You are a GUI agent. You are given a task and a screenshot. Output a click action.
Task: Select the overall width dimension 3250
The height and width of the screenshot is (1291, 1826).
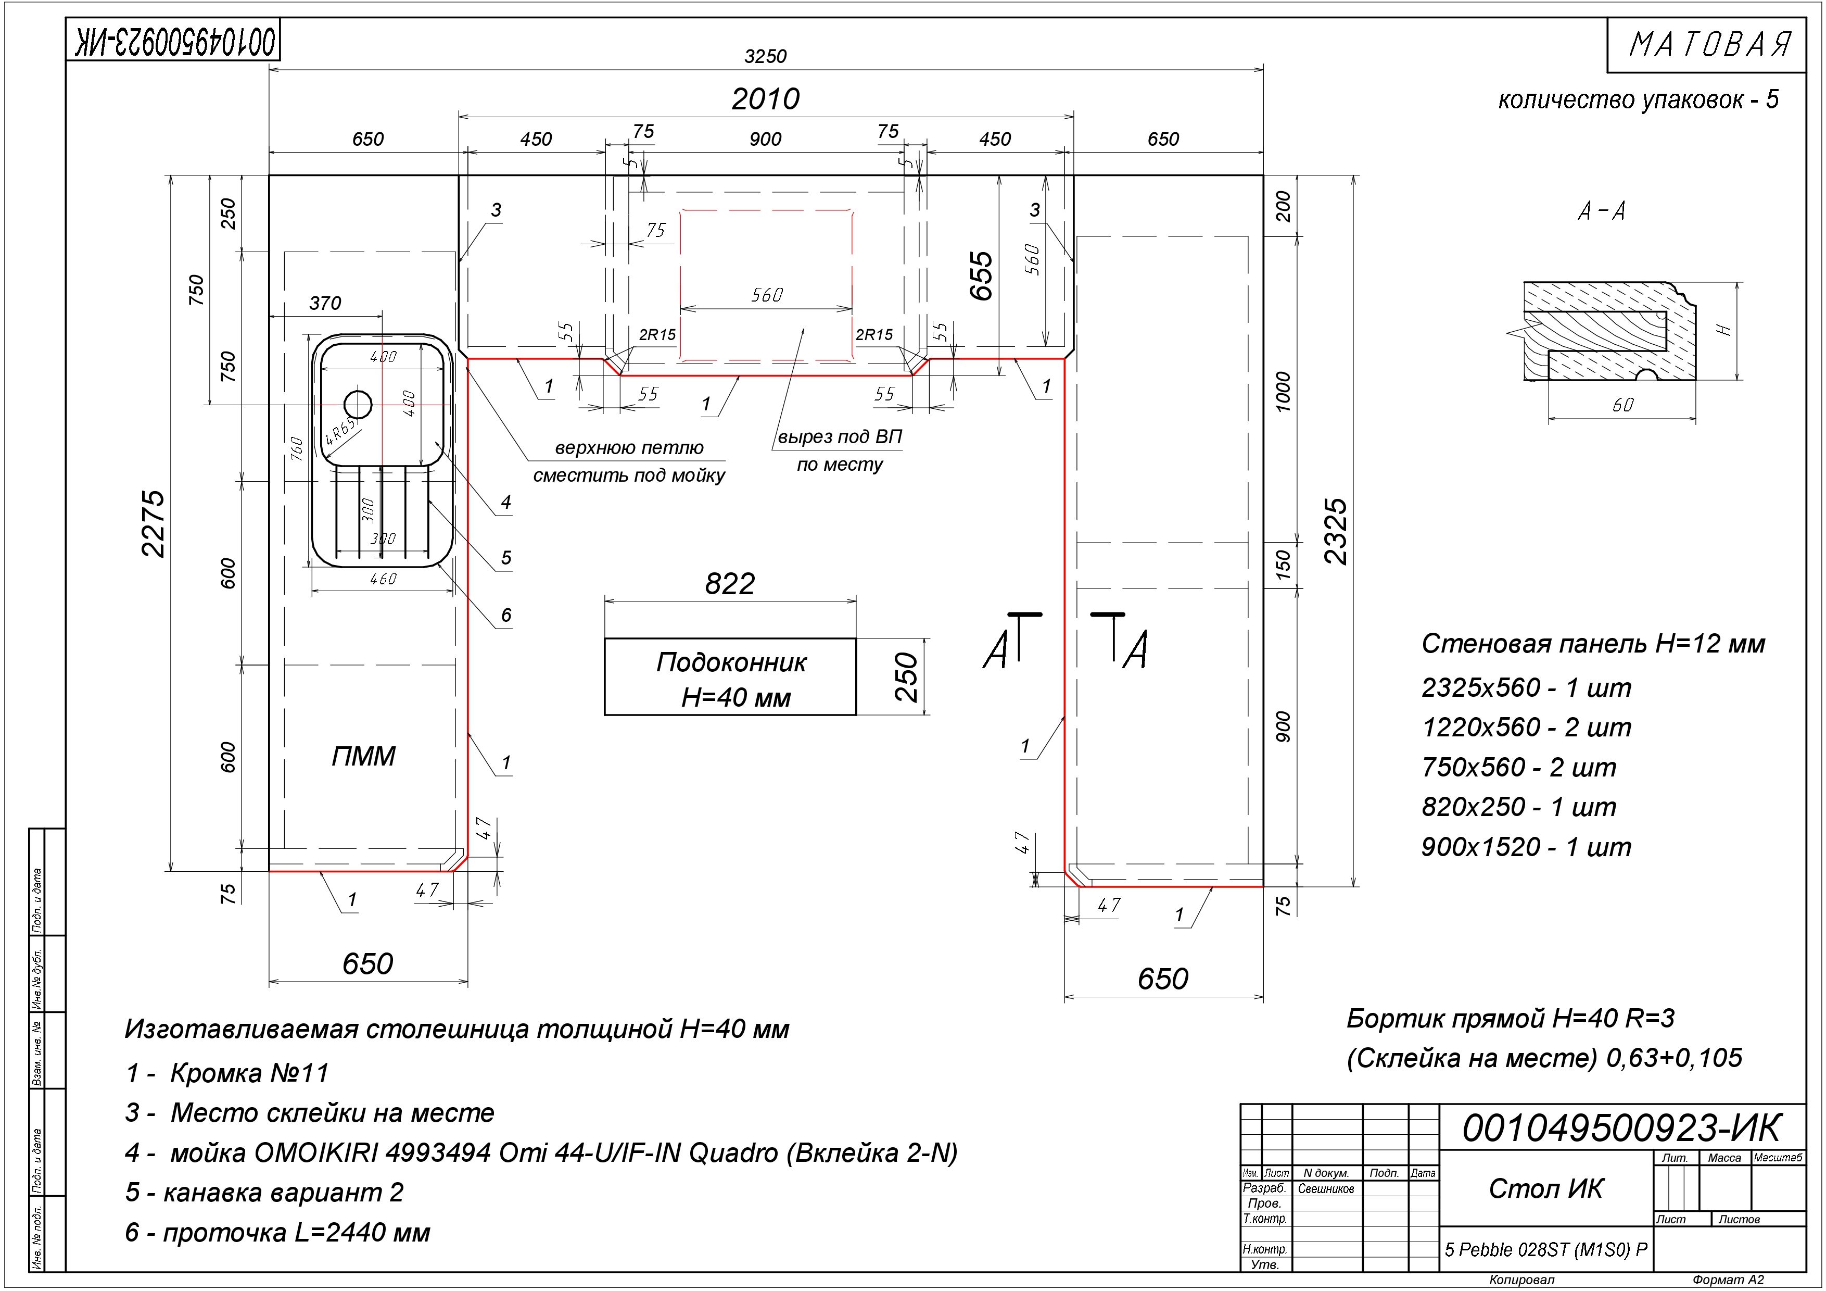765,56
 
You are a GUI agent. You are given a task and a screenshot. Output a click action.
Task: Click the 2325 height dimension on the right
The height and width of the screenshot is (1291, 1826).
1336,531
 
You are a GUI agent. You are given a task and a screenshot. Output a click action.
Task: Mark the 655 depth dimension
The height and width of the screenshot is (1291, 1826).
982,275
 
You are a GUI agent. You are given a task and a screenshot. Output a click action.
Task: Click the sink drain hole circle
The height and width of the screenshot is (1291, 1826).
358,405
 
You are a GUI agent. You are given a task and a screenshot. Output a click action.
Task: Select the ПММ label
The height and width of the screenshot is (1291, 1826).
363,756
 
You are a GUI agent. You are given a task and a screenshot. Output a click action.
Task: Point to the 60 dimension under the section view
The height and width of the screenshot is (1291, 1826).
1622,405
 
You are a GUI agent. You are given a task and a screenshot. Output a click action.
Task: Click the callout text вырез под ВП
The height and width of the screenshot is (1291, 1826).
840,437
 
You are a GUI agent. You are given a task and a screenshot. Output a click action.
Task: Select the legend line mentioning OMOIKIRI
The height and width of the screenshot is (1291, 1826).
541,1152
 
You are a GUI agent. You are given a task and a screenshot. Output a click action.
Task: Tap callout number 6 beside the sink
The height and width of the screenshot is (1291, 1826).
506,615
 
